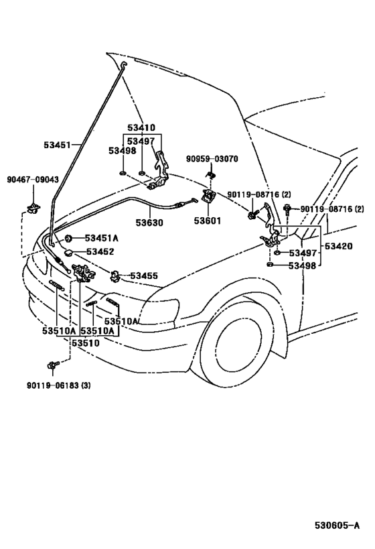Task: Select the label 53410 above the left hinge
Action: pyautogui.click(x=141, y=127)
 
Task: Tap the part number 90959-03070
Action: pyautogui.click(x=212, y=160)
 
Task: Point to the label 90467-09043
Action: pyautogui.click(x=33, y=180)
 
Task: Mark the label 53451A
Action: pyautogui.click(x=102, y=238)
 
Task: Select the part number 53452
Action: pyautogui.click(x=100, y=251)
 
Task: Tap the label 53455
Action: pyautogui.click(x=144, y=275)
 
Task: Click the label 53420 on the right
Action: pyautogui.click(x=339, y=246)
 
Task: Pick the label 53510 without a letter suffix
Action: pyautogui.click(x=86, y=343)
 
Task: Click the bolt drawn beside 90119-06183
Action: pyautogui.click(x=52, y=365)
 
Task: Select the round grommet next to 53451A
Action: pyautogui.click(x=69, y=239)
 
